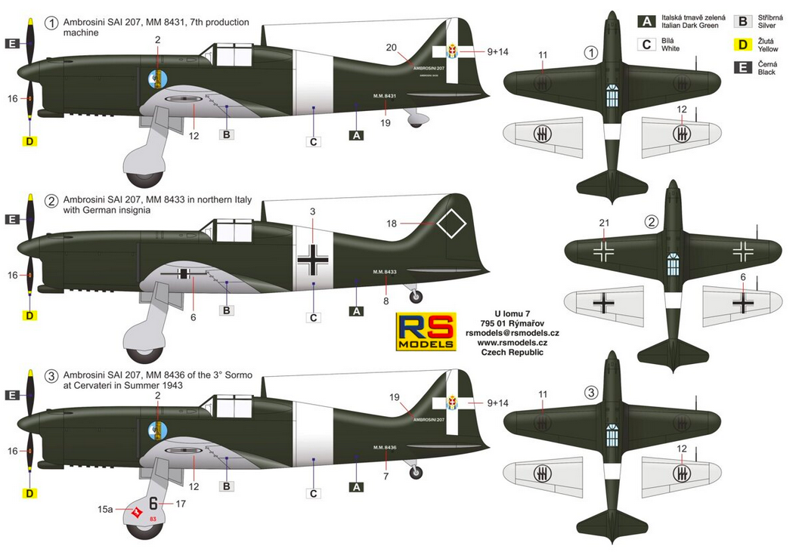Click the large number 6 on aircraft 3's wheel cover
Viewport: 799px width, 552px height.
coord(153,504)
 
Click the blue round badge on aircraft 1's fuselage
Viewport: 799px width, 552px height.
coord(157,79)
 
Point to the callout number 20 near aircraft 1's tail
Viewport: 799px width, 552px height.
coord(391,48)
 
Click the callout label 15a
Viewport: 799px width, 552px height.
coord(105,510)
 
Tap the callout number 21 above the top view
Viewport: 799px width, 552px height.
coord(603,222)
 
